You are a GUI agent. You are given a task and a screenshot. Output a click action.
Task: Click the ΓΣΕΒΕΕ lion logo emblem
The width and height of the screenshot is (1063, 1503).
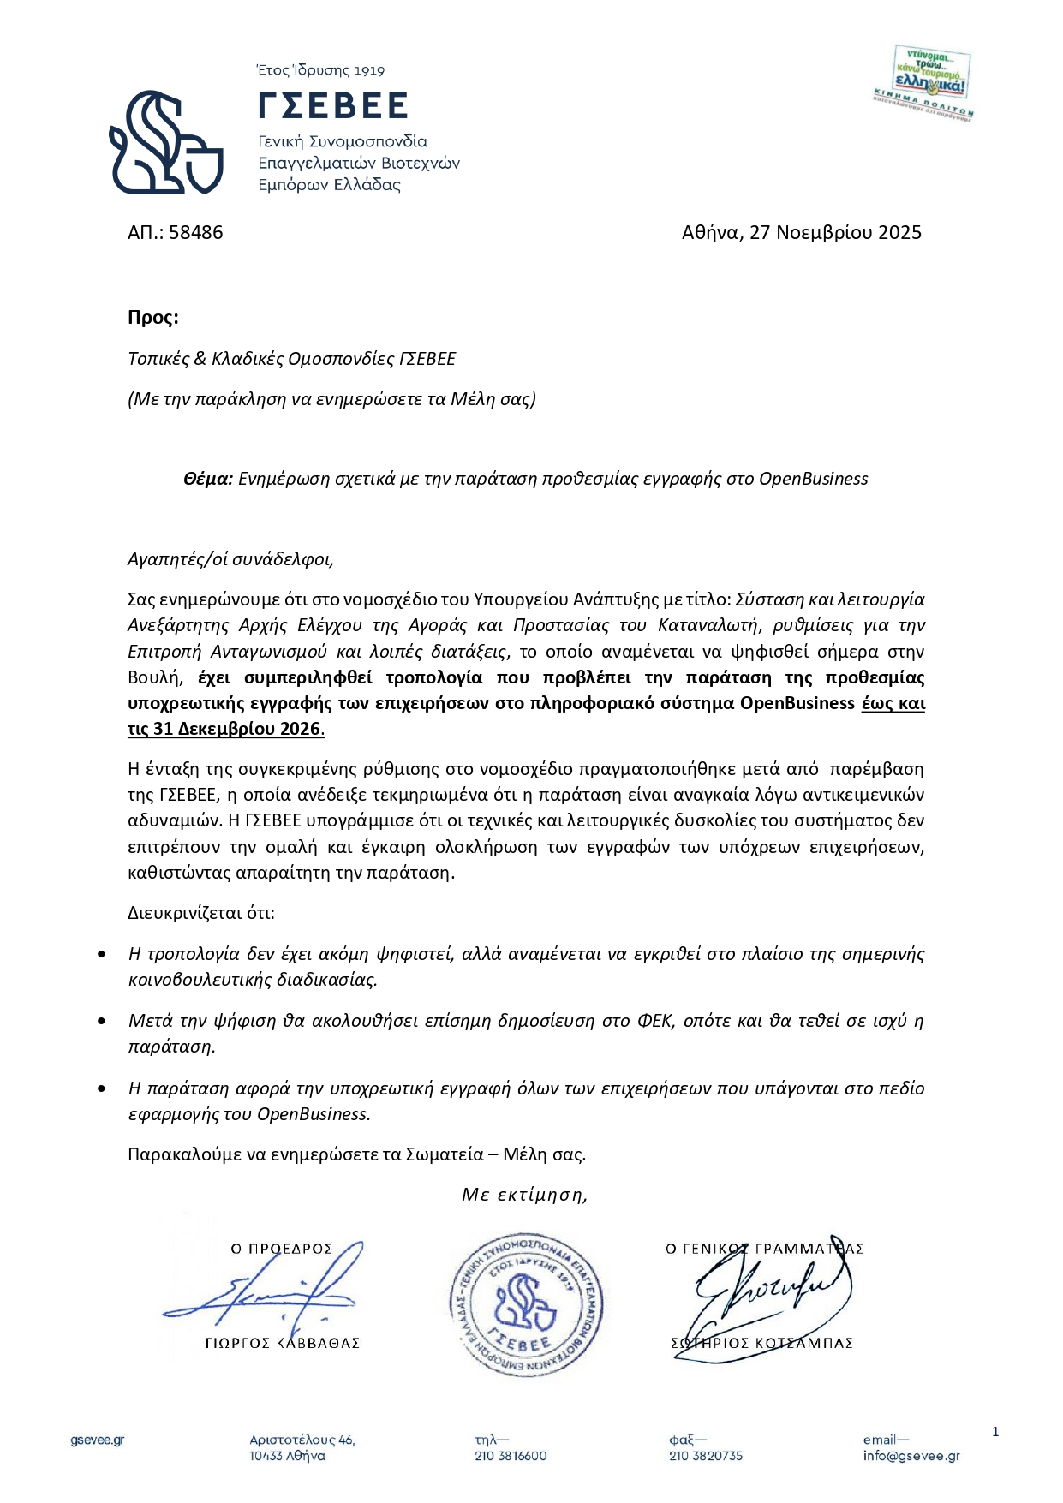(x=165, y=142)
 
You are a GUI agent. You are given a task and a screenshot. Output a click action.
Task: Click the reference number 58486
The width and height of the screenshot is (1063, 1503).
(x=196, y=232)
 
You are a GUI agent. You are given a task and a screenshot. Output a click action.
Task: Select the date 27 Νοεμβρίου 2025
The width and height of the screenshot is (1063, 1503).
(x=835, y=232)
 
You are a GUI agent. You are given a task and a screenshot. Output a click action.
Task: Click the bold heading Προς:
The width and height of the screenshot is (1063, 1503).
(x=153, y=317)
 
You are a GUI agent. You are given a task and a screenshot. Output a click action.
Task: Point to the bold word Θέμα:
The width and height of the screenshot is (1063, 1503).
(x=207, y=479)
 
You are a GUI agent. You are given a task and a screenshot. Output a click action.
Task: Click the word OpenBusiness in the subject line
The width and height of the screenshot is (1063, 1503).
(x=813, y=479)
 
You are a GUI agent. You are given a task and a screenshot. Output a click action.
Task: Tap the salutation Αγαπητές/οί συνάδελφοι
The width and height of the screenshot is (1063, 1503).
(x=230, y=559)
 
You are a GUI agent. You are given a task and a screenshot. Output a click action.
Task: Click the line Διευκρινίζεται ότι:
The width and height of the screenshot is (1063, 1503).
(x=201, y=912)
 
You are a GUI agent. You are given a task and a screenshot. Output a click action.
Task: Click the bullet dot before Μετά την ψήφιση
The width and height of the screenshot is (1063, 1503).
(x=103, y=1021)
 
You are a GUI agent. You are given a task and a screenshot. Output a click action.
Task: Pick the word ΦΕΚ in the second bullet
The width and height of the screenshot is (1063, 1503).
(x=655, y=1021)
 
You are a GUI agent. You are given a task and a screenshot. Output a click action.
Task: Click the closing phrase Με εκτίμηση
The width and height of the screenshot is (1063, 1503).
(x=524, y=1194)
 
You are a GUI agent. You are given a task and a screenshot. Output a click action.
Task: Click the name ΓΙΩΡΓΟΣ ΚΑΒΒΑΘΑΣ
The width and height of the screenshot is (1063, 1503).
(x=283, y=1343)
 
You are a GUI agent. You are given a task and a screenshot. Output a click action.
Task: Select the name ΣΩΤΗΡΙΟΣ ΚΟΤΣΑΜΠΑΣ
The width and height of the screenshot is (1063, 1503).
(x=761, y=1343)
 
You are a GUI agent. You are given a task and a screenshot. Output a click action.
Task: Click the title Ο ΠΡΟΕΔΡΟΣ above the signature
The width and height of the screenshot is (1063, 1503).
(x=281, y=1249)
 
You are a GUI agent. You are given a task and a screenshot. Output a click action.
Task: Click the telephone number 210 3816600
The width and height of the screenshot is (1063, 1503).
(x=511, y=1456)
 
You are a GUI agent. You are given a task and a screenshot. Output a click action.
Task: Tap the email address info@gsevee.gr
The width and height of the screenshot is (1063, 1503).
(x=911, y=1456)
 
